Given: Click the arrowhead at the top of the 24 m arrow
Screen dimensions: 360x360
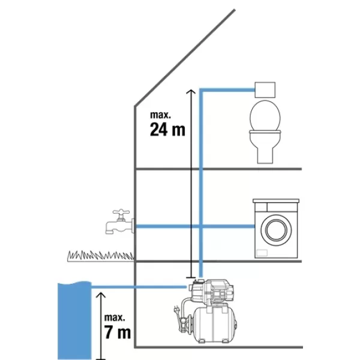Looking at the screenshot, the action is click(x=190, y=91).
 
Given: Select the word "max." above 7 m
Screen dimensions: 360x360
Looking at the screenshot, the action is click(x=114, y=316).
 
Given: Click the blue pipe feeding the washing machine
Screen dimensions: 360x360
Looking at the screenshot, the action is click(x=228, y=227).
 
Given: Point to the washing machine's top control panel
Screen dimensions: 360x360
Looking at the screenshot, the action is click(x=277, y=203).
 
